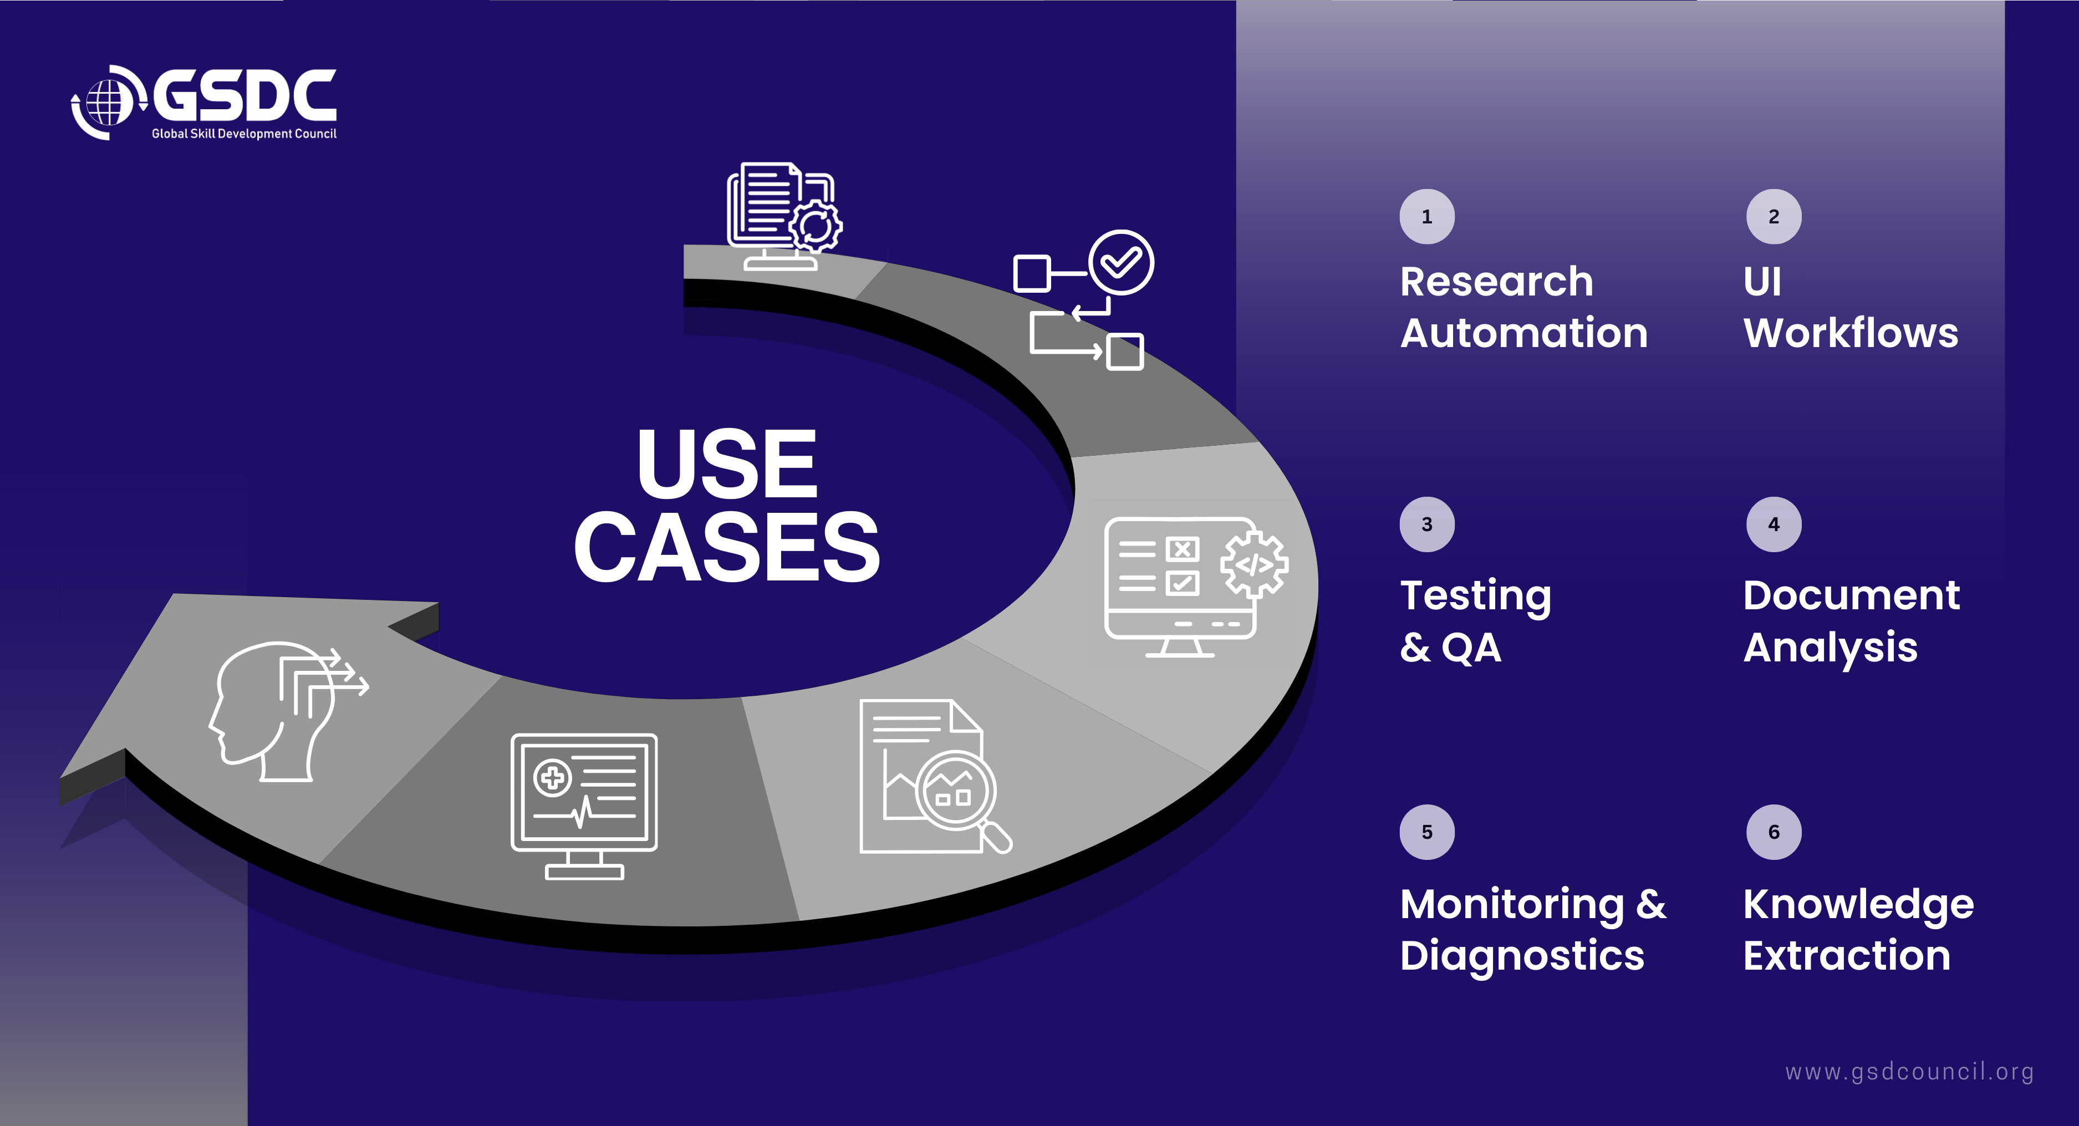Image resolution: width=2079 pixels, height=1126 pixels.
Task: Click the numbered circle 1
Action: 1427,216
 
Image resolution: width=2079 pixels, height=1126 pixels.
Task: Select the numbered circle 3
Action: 1427,524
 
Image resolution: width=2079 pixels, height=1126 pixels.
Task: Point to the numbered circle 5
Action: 1427,832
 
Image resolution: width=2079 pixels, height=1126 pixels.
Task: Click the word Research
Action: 1496,281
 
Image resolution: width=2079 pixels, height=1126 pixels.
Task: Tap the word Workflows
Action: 1851,333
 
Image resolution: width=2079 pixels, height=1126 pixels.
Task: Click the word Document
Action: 1851,595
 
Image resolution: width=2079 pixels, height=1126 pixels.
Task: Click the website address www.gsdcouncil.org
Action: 1909,1071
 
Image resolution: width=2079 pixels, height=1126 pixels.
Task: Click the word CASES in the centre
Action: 726,547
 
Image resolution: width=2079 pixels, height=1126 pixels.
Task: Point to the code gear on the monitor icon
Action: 1253,564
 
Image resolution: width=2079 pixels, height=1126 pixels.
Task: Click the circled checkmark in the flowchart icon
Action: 1121,262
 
